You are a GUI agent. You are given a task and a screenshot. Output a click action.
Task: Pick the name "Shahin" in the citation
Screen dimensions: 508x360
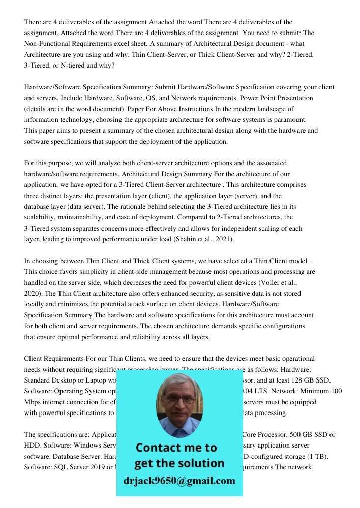click(181, 239)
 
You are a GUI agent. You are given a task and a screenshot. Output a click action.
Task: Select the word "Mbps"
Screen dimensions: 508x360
click(33, 402)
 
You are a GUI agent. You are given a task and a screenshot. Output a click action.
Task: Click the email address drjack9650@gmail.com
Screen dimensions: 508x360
click(179, 481)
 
